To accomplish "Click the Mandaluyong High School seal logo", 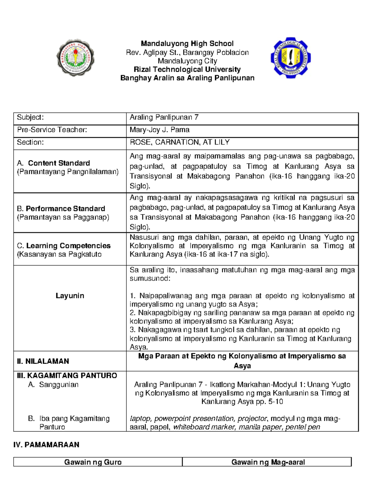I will pyautogui.click(x=75, y=58).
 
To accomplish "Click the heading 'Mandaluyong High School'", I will pyautogui.click(x=187, y=44).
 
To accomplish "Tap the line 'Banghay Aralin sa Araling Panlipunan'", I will pyautogui.click(x=187, y=78).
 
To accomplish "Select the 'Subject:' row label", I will pyautogui.click(x=30, y=117).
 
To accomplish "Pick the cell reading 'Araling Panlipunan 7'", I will pyautogui.click(x=164, y=117).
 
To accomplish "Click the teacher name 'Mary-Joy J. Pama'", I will pyautogui.click(x=159, y=130).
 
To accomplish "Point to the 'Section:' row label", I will pyautogui.click(x=30, y=142).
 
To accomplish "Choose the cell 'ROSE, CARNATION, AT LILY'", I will pyautogui.click(x=180, y=142).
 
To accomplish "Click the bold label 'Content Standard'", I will pyautogui.click(x=59, y=163).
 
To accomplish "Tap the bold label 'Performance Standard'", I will pyautogui.click(x=65, y=209).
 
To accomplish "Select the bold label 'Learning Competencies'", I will pyautogui.click(x=68, y=246).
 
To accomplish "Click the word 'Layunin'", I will pyautogui.click(x=70, y=296).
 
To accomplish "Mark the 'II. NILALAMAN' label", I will pyautogui.click(x=43, y=361).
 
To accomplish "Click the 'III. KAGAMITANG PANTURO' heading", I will pyautogui.click(x=67, y=376).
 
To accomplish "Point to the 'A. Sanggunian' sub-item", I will pyautogui.click(x=53, y=385).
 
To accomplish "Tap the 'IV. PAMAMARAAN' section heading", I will pyautogui.click(x=46, y=445).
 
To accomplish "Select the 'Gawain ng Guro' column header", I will pyautogui.click(x=93, y=462).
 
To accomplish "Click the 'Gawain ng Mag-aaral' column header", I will pyautogui.click(x=268, y=462).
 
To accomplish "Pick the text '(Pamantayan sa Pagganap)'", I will pyautogui.click(x=63, y=217).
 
